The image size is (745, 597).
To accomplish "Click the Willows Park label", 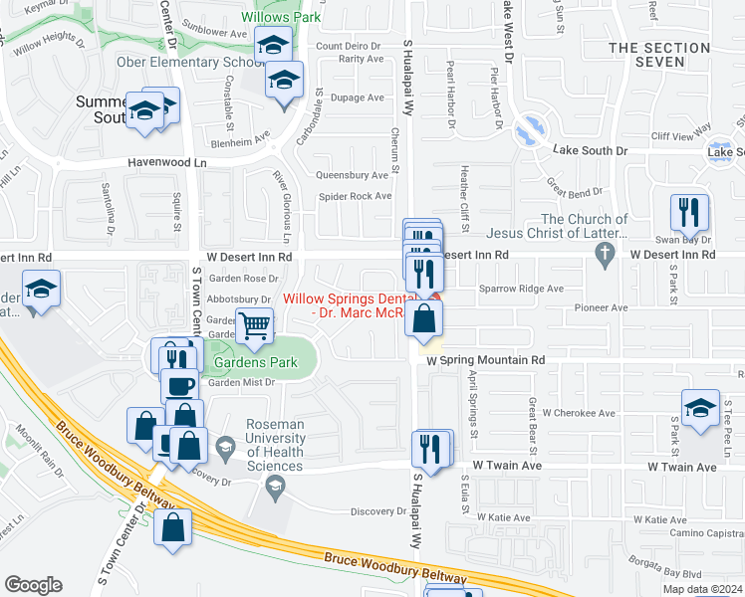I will tap(265, 16).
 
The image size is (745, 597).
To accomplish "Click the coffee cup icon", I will tap(180, 386).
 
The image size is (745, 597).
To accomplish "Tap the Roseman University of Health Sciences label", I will tap(275, 438).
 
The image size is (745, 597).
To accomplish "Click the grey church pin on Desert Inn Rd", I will tap(604, 256).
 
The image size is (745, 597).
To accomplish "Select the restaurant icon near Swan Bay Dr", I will tap(689, 212).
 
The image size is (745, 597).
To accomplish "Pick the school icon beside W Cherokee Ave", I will tap(700, 408).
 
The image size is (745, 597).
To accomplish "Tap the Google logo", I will tap(34, 585).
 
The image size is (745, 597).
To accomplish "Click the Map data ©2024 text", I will tap(701, 589).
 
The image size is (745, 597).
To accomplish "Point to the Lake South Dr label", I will tap(593, 150).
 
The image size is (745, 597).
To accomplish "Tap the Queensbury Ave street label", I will tap(351, 174).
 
